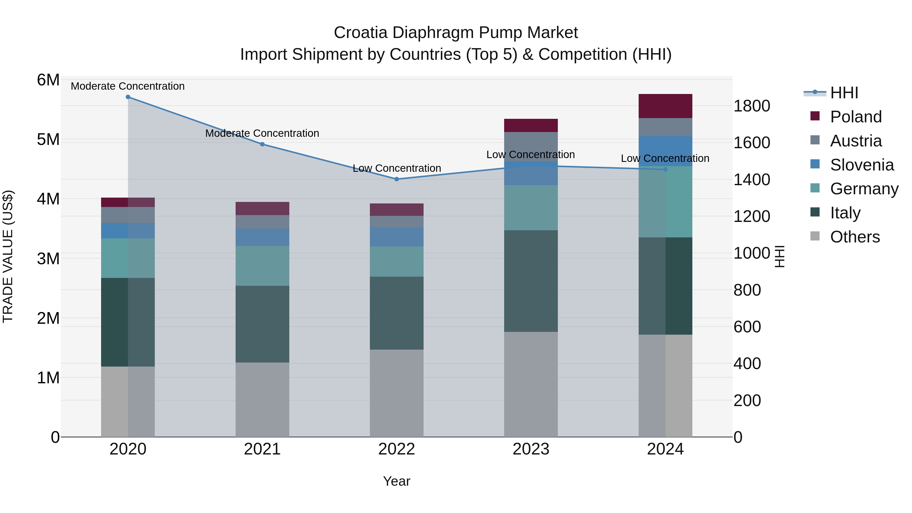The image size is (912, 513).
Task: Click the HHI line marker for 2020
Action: point(128,97)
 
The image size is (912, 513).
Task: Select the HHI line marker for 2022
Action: point(396,179)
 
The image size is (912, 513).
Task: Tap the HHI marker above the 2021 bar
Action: point(262,144)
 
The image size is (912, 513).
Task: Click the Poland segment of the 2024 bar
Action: point(665,106)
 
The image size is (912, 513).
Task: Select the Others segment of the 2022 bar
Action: point(396,393)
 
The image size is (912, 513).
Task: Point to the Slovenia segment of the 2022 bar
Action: point(396,237)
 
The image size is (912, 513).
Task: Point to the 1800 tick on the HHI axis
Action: point(751,106)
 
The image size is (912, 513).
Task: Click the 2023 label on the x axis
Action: point(531,449)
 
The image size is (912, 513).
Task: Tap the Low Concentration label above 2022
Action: point(396,168)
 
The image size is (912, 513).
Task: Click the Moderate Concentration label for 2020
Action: point(128,86)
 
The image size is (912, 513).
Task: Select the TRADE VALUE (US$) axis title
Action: point(8,256)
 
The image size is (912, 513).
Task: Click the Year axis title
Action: point(396,481)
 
